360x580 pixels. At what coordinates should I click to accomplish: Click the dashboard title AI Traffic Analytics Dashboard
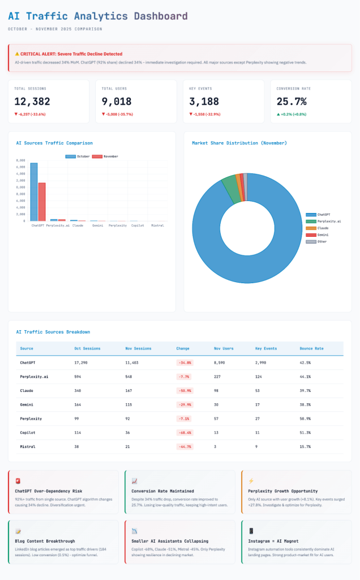coord(97,16)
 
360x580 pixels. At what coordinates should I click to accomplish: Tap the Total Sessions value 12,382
coord(32,101)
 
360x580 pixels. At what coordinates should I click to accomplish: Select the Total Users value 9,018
coord(117,101)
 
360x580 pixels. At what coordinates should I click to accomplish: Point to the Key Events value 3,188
coord(204,101)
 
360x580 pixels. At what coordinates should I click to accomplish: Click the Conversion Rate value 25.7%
coord(292,101)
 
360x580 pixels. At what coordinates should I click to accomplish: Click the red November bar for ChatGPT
coord(42,202)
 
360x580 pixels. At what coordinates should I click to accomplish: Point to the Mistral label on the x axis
coord(158,225)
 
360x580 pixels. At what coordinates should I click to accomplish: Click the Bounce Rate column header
coord(311,348)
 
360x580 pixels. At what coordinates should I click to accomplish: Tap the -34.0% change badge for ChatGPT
coord(185,362)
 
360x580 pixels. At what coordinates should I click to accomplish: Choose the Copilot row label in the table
coord(28,433)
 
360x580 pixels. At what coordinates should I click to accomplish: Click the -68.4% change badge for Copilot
coord(185,433)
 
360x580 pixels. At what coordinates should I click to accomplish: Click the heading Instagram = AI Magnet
coord(274,541)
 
